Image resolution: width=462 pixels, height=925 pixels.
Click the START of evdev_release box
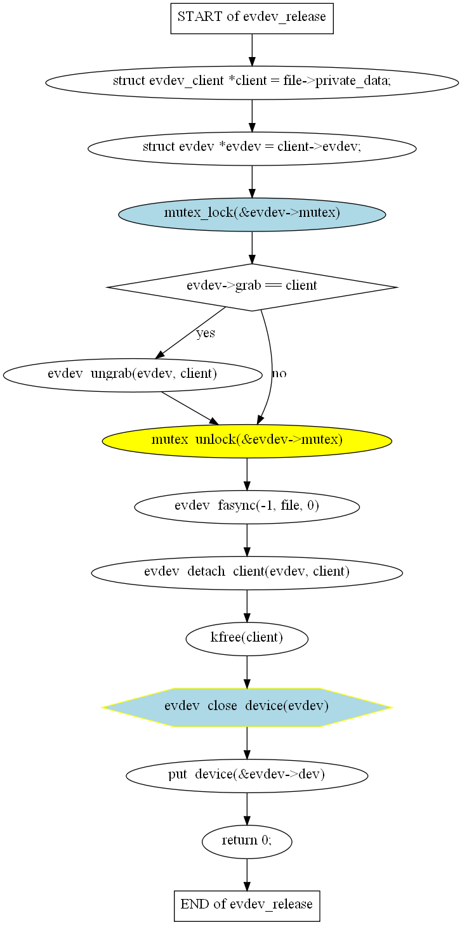pos(252,17)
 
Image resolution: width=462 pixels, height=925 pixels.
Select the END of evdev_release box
pos(247,905)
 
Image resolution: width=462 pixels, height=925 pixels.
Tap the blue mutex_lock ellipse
pos(252,214)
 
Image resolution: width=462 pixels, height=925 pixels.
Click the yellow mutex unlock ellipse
pos(247,441)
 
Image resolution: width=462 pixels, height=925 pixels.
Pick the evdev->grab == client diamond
pos(252,286)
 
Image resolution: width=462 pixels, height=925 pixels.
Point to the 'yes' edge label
pos(206,333)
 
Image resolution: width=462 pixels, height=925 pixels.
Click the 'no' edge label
pos(279,374)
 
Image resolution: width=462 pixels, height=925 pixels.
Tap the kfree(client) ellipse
pos(247,638)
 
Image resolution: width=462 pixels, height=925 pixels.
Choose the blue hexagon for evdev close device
pos(247,707)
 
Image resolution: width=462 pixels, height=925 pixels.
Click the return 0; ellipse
pos(247,841)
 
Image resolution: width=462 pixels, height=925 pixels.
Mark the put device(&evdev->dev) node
pos(247,775)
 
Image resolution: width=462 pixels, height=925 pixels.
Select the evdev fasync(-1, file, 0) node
pos(247,507)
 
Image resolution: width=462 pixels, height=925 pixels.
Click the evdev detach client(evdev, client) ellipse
pos(247,572)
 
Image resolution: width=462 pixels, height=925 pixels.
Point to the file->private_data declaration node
pos(252,82)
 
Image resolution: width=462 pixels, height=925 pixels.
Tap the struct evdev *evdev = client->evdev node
pos(252,148)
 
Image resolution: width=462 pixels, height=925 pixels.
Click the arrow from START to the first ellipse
pos(252,49)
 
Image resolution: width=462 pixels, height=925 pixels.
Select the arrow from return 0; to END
pos(247,874)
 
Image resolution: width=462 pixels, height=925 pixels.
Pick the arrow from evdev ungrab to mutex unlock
pos(188,407)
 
